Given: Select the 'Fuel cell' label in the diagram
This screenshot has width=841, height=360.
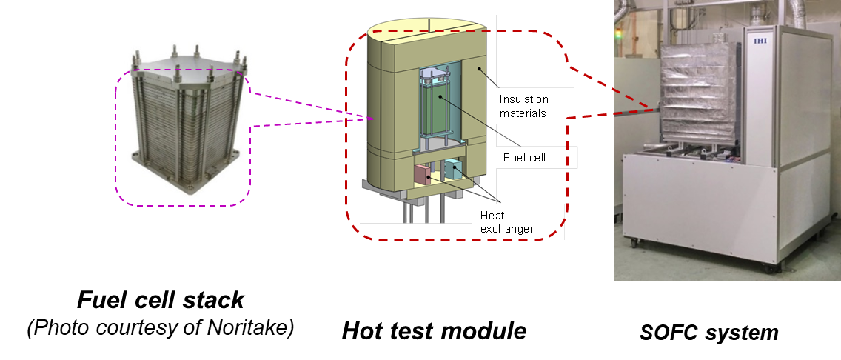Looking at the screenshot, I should pyautogui.click(x=524, y=157).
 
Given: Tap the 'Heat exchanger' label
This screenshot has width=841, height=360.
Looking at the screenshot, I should pyautogui.click(x=507, y=221).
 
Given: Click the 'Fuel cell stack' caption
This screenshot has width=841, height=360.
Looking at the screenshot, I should pyautogui.click(x=161, y=300).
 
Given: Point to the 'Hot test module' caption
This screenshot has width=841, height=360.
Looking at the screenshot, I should pyautogui.click(x=434, y=331).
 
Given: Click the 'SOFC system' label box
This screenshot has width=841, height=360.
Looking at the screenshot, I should pyautogui.click(x=708, y=333).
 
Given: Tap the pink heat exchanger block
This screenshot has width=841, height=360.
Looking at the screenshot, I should pyautogui.click(x=423, y=175).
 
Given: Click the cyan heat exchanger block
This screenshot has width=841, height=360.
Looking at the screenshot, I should pyautogui.click(x=452, y=172).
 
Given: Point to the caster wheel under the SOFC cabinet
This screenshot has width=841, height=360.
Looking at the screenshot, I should pyautogui.click(x=633, y=240).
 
